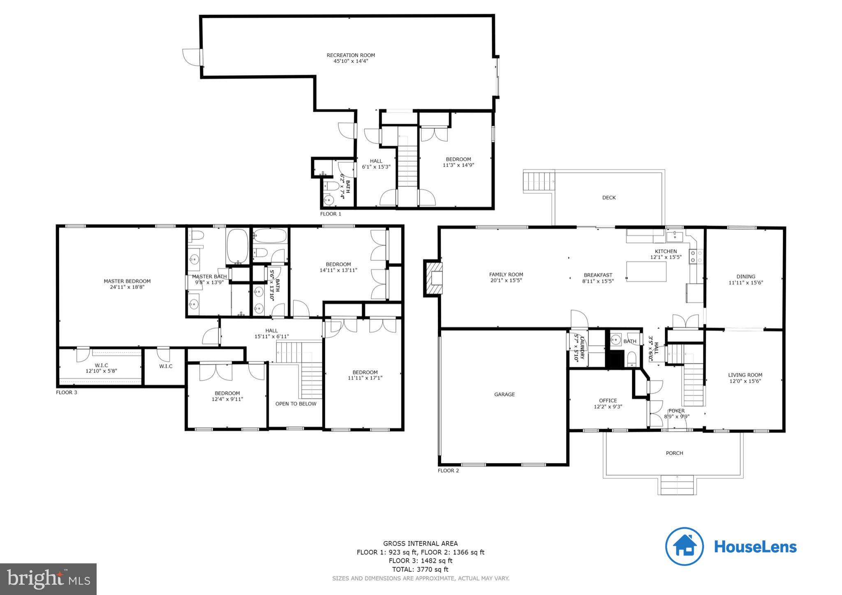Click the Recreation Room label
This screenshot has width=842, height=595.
click(351, 55)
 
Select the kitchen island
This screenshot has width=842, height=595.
click(646, 272)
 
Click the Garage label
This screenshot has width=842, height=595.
click(504, 394)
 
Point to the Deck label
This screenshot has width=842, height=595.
click(609, 198)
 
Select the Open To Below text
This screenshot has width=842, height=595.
click(296, 404)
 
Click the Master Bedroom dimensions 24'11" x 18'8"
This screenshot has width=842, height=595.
click(127, 287)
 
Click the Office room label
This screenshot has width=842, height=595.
click(608, 401)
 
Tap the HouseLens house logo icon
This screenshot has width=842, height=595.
click(685, 547)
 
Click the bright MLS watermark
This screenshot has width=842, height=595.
click(49, 579)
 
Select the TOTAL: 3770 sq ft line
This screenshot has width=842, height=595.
click(420, 570)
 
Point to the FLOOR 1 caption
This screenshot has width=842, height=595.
click(331, 214)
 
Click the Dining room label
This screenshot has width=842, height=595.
click(746, 277)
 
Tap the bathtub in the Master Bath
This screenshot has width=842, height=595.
click(237, 246)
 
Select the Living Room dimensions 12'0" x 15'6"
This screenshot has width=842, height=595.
click(745, 381)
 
